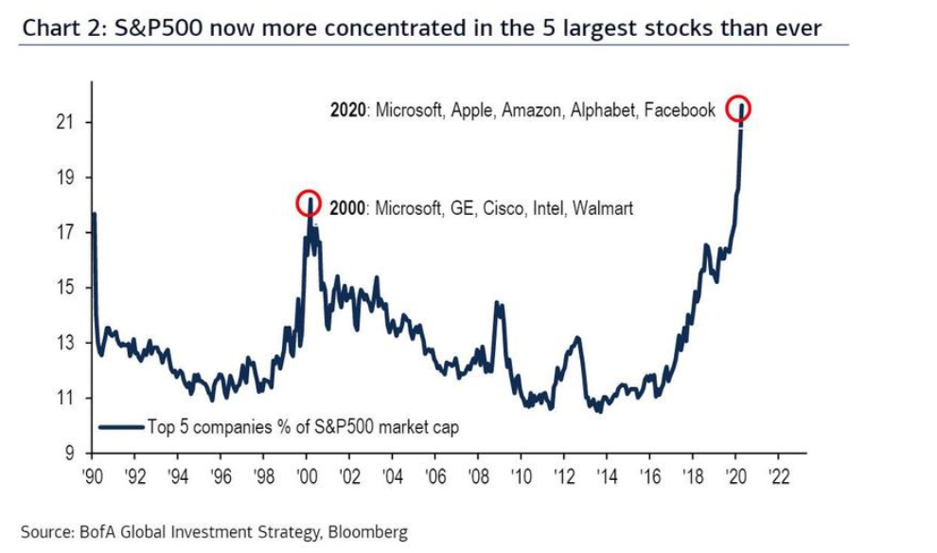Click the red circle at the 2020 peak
coord(738,108)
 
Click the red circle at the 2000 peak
coord(309,203)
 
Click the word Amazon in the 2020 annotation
coord(531,110)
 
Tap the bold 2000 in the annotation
coord(347,207)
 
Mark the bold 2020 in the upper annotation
coord(348,110)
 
